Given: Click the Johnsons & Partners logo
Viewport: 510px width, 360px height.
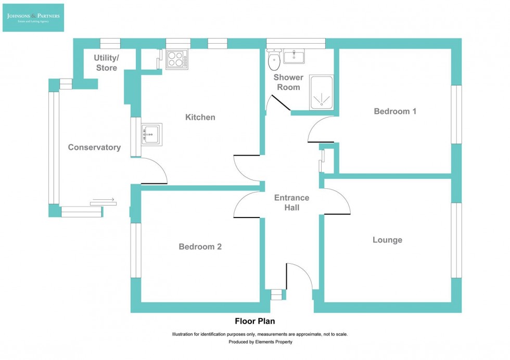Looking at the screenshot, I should coord(33,17).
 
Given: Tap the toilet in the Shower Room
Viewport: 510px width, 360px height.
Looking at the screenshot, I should coord(274,61).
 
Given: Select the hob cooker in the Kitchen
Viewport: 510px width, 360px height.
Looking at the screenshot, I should coord(177,60).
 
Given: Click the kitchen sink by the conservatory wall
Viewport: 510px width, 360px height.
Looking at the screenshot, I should coord(151,134).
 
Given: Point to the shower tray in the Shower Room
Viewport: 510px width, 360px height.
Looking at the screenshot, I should coord(321,93).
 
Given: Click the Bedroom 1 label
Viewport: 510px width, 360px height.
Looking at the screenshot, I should coord(395,111).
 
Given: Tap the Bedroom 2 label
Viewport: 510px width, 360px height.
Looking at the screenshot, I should coord(200,247).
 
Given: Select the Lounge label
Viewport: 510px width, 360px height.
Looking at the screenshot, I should coord(387,240).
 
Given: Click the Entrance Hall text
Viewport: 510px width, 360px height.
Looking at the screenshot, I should coord(291,202).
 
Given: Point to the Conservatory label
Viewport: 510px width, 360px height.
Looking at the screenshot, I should coord(94,147).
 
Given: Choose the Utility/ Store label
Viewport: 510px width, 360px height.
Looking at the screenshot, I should coord(106,62).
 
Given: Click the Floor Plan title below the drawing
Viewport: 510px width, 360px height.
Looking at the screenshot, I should coord(254,322).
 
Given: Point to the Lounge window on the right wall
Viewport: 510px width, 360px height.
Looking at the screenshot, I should coord(456,240).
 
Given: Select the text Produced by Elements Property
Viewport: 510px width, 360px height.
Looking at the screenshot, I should coord(260,342).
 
